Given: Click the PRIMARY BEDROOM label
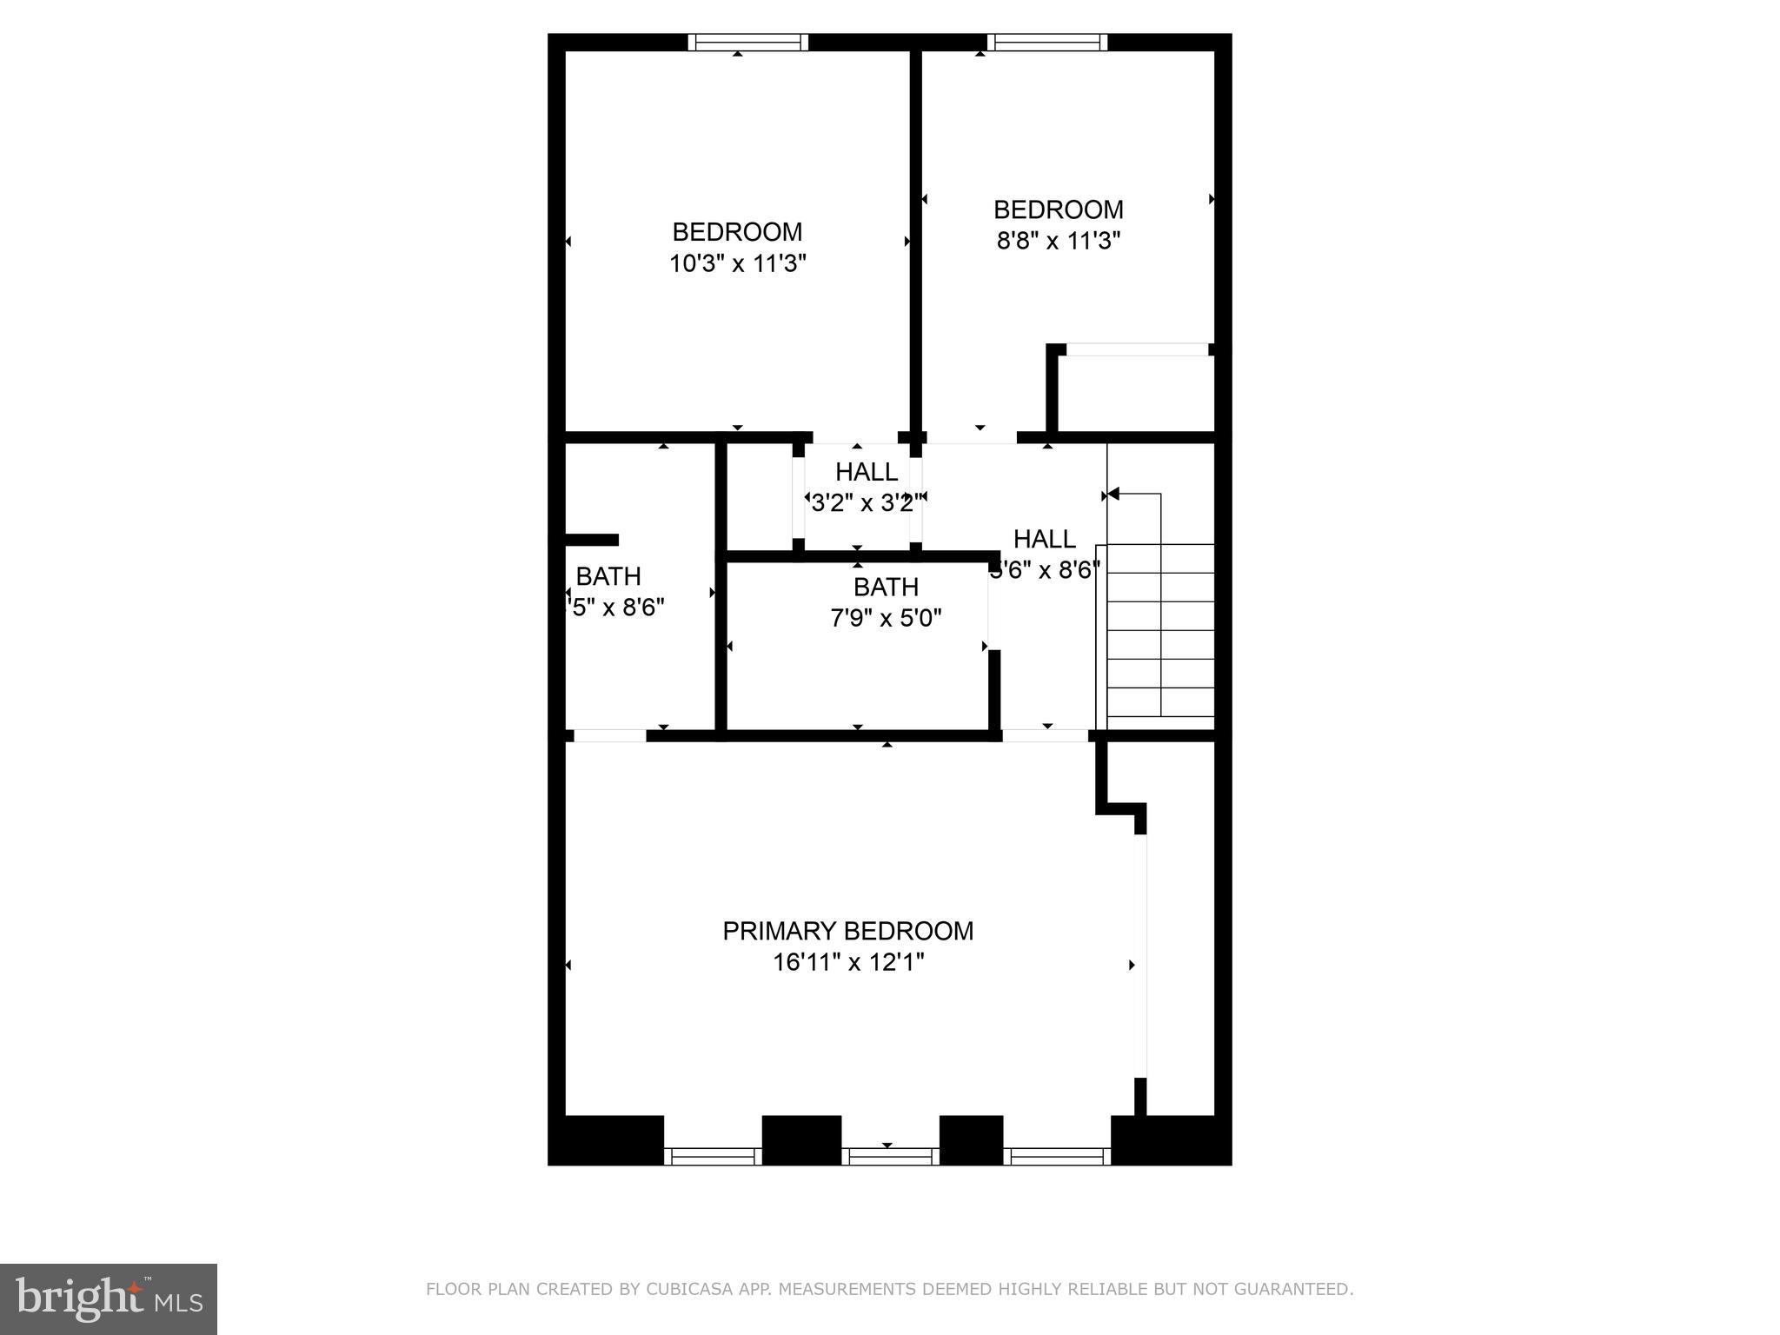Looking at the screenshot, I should (x=847, y=931).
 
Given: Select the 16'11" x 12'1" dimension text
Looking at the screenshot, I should (x=847, y=962).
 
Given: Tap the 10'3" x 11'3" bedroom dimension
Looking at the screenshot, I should (x=737, y=263).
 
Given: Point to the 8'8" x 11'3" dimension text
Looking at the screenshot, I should (x=1058, y=241).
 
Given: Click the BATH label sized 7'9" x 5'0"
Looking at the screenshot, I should (x=886, y=587).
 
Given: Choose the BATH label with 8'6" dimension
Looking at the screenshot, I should (x=608, y=576).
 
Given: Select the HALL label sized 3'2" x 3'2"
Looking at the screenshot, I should (x=866, y=472).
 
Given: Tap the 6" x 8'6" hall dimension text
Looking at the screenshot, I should (x=1046, y=570).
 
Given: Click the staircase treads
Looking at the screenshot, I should (x=1160, y=630).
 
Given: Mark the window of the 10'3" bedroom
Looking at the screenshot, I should (x=747, y=43).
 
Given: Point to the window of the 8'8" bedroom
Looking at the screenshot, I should (x=1046, y=43).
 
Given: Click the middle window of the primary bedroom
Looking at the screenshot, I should (x=890, y=1156).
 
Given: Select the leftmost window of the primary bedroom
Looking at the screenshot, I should (x=712, y=1156).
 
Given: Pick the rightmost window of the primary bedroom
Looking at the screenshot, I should (x=1057, y=1156).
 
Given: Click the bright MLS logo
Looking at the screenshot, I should (x=109, y=1298).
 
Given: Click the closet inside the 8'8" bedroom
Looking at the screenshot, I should (x=1135, y=391).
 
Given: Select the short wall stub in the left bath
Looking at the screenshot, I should (x=592, y=540).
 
